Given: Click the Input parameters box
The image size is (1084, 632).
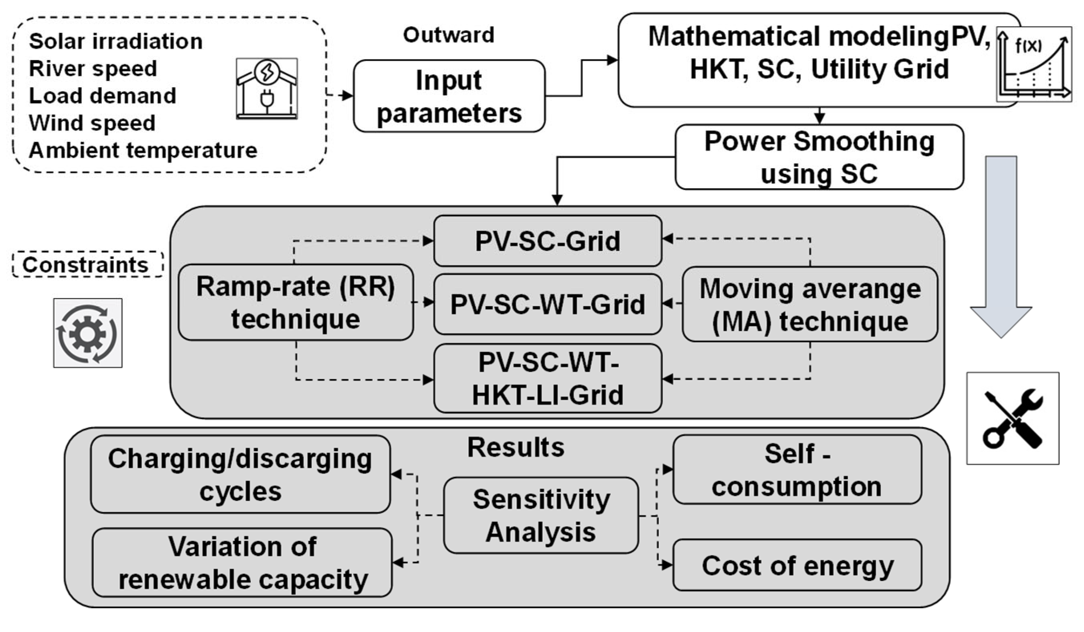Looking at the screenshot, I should (449, 96).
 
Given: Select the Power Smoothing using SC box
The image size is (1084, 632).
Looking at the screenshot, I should (819, 157).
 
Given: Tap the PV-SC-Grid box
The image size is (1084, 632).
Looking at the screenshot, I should (547, 241).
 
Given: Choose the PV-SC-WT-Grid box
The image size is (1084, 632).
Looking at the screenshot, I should (547, 304).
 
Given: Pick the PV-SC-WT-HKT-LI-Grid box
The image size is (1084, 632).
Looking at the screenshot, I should (547, 379).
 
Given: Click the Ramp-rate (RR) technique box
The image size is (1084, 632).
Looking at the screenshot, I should (296, 302).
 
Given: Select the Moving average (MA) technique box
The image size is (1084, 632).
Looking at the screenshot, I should (810, 305).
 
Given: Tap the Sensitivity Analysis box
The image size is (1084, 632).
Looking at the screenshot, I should (541, 515).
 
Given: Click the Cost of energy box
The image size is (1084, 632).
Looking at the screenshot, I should (797, 565).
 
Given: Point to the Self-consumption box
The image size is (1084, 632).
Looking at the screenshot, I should (796, 470).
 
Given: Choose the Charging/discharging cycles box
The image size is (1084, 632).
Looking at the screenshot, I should (240, 474).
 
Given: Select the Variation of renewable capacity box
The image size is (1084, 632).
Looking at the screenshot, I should (242, 563).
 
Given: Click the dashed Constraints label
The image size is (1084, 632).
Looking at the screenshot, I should (87, 264).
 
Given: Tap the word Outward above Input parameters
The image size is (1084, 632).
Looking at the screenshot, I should (449, 35).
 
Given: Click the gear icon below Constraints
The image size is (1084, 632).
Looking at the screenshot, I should (88, 333).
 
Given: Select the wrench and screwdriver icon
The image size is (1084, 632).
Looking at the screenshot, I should (1012, 419).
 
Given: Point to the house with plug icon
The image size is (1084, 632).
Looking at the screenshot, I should (267, 89).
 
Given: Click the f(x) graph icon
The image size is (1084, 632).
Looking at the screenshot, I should (1034, 65).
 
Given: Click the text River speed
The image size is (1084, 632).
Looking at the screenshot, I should (92, 69).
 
